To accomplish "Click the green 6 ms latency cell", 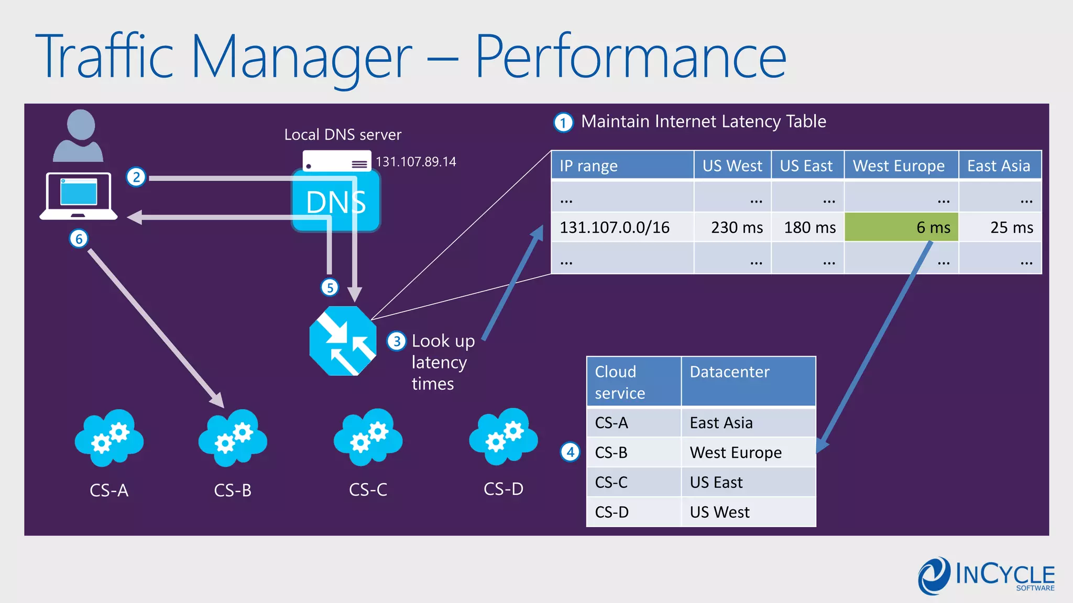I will [x=901, y=227].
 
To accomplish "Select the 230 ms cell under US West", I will [x=732, y=227].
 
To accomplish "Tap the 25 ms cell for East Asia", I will [x=1000, y=227].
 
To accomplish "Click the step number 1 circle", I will [x=563, y=123].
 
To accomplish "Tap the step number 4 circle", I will [x=570, y=452].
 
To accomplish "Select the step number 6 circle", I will [x=79, y=239].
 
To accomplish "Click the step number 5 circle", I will [x=330, y=287].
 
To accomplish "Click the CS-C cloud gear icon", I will [x=368, y=438].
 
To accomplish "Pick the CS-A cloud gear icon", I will [x=109, y=438].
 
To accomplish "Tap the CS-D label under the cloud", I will [x=503, y=489].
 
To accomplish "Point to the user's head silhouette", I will [x=81, y=125].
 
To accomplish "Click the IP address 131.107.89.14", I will [x=415, y=162].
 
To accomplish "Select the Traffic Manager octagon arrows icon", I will [x=343, y=341].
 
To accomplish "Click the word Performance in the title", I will [x=630, y=57].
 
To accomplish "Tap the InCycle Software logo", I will [x=986, y=576].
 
